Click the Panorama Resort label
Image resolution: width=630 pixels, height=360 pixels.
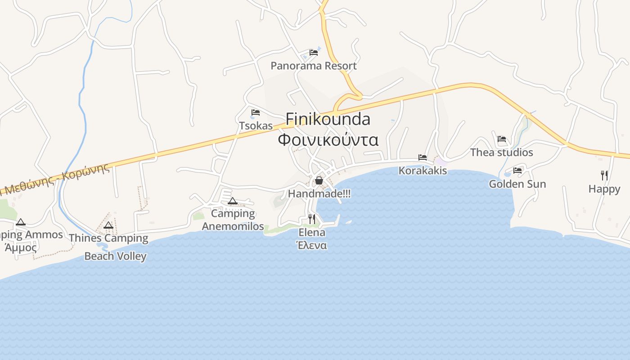pos(313,66)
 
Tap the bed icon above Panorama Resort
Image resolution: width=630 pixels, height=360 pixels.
pos(314,53)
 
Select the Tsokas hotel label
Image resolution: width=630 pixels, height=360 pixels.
pos(256,126)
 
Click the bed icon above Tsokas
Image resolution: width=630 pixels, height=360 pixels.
pos(256,112)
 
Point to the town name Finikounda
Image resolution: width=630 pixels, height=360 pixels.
pos(328,119)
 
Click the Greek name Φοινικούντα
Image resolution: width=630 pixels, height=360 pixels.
pos(328,139)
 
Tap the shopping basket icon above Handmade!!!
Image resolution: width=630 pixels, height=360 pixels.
pos(319,180)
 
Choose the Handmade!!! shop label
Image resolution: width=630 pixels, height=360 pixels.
pos(319,193)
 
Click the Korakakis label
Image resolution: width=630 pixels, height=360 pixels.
pos(423,171)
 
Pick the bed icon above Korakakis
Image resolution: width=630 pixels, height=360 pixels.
pos(423,157)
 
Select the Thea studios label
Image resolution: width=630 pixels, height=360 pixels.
pos(501,153)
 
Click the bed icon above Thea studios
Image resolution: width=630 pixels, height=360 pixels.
pos(502,139)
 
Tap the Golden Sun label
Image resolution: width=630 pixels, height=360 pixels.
pos(517,184)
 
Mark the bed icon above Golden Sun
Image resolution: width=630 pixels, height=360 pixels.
pos(517,171)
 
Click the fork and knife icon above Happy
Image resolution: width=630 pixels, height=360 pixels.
pos(604,175)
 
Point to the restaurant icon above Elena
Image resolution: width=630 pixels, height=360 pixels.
pos(311,219)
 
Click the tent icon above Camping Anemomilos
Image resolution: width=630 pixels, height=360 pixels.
pos(232,201)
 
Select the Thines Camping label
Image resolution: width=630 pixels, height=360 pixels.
pos(108,238)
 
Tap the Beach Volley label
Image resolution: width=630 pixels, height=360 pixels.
pos(115,256)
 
